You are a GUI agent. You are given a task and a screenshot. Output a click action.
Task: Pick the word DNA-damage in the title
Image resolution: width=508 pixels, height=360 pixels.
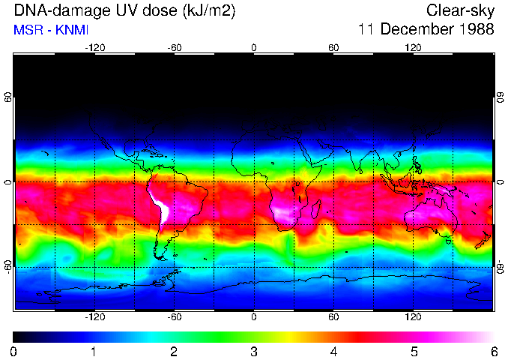point(52,10)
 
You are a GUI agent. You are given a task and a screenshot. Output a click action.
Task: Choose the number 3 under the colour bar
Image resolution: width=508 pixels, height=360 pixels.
point(253,351)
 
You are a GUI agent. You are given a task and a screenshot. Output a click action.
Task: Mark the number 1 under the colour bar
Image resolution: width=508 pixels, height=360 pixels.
point(93,351)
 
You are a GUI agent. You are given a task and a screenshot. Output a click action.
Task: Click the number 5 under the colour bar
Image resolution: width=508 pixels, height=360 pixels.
point(414,351)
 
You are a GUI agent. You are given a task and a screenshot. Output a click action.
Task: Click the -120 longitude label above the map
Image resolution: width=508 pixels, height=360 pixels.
point(94,48)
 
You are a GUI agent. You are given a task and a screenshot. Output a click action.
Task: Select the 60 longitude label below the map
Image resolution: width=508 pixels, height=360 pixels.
point(333,316)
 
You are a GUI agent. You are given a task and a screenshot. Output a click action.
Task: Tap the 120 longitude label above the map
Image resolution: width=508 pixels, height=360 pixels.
point(413,48)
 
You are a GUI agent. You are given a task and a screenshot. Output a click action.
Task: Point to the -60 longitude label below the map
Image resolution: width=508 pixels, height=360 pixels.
point(174,316)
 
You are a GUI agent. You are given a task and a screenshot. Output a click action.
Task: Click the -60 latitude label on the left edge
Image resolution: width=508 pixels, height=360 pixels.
point(7,267)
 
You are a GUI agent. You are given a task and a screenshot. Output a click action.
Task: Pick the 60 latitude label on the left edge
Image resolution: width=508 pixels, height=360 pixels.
point(7,97)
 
